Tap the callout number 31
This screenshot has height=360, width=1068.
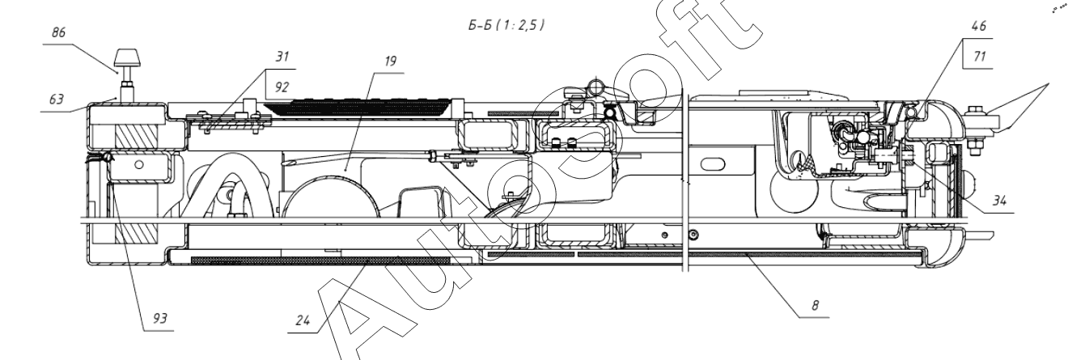pyautogui.click(x=281, y=57)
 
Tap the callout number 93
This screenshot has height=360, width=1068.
pyautogui.click(x=161, y=318)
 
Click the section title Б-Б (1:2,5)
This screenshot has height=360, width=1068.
pyautogui.click(x=500, y=25)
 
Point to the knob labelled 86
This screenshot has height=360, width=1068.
pyautogui.click(x=127, y=57)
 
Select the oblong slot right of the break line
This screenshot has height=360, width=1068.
pyautogui.click(x=712, y=163)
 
